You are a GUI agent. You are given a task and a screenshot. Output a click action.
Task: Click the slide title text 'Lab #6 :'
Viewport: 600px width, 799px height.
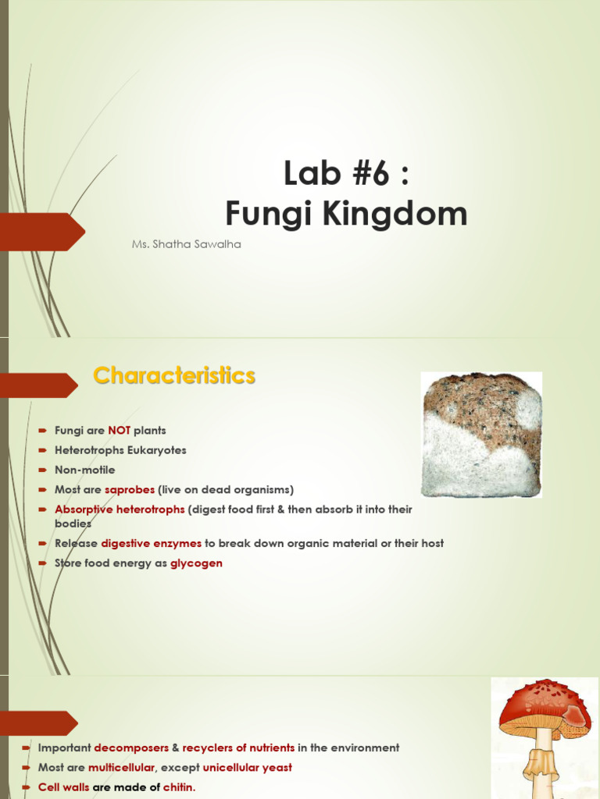[x=346, y=175]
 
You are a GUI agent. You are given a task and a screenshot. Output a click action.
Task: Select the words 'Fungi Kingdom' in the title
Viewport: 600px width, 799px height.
[x=346, y=214]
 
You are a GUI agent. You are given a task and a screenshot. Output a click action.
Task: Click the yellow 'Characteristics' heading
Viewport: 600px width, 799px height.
[x=174, y=376]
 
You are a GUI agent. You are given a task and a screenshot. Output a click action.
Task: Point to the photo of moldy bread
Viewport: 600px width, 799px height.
[x=481, y=435]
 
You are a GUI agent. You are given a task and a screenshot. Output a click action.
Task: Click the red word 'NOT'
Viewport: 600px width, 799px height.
[x=119, y=430]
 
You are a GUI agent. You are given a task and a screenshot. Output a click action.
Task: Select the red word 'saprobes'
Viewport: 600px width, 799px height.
[x=129, y=490]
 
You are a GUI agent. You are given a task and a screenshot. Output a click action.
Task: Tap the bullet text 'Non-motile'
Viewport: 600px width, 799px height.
[x=84, y=470]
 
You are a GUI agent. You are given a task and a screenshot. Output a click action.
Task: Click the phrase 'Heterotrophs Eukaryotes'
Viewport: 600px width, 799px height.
[x=120, y=450]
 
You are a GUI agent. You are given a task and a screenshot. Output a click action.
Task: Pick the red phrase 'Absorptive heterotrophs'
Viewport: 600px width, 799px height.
[x=120, y=510]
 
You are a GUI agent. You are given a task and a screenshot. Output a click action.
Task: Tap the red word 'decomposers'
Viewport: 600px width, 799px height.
[x=131, y=748]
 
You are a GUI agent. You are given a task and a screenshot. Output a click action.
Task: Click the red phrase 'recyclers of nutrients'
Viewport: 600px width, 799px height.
[x=238, y=748]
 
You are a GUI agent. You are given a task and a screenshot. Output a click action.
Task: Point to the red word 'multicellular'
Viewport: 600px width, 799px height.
[x=121, y=768]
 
